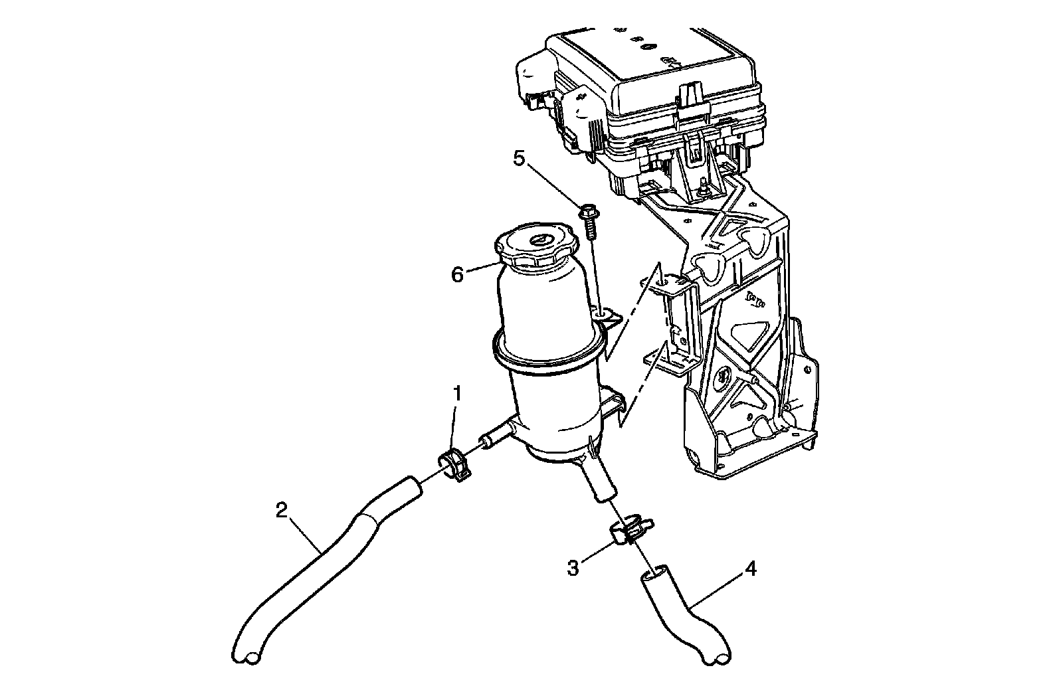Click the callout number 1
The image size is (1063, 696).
pos(457,394)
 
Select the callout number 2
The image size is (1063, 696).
pos(282,510)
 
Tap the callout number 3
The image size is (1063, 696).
pos(573,568)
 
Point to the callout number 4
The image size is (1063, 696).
pos(750,569)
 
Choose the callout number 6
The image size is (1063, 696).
pos(457,274)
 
